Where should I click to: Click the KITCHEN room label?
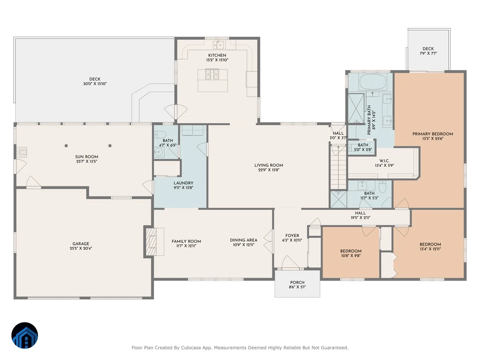(217, 55)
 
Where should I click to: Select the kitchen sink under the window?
(218, 45)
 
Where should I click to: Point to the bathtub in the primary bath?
(372, 82)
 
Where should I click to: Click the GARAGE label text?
(81, 244)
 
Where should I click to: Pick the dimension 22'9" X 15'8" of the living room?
(268, 170)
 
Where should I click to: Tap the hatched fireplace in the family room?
(151, 242)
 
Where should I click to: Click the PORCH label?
(297, 282)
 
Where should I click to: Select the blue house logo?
(25, 335)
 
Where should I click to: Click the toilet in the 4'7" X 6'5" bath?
(160, 134)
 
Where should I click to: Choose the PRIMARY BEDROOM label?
(432, 134)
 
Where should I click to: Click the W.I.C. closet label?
(384, 161)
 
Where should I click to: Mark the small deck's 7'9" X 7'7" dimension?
(428, 53)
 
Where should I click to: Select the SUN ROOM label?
(86, 157)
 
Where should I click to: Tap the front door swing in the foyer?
(290, 262)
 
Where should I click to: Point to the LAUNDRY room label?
(184, 183)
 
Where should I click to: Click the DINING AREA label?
(243, 240)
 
